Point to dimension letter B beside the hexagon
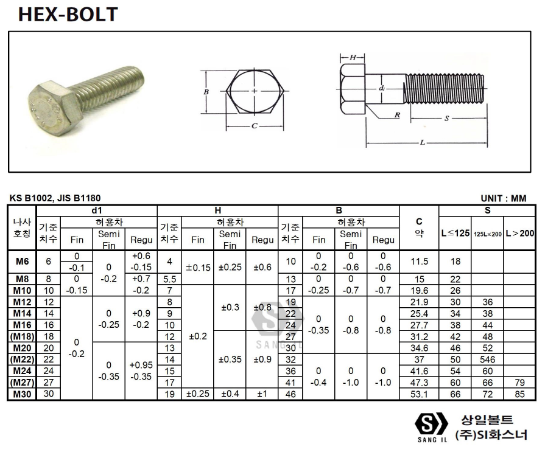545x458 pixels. (206, 92)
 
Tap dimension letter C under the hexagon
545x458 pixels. (254, 127)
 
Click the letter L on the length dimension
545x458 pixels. (423, 142)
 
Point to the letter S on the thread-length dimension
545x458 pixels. (446, 120)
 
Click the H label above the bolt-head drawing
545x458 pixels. (352, 57)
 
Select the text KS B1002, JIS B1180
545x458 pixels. (55, 198)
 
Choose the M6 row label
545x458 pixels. (22, 262)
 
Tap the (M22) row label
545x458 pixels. (22, 359)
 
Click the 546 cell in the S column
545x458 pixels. (487, 359)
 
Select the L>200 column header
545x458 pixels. (519, 233)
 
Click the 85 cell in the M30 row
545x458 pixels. (519, 394)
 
